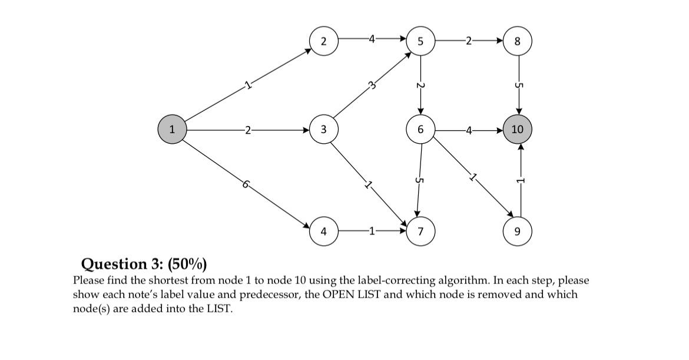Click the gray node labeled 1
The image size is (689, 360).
click(172, 130)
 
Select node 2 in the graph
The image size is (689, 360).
click(323, 41)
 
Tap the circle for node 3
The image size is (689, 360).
click(323, 130)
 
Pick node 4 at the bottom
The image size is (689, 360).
click(323, 231)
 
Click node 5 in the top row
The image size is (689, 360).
click(420, 41)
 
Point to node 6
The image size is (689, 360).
click(420, 130)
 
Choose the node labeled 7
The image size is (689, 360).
click(420, 231)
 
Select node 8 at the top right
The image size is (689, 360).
click(518, 41)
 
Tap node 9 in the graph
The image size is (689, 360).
click(518, 231)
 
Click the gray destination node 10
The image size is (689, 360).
click(518, 130)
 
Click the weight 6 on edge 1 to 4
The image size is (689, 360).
click(244, 185)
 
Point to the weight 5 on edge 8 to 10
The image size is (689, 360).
click(518, 85)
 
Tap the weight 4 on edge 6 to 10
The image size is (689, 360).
click(468, 130)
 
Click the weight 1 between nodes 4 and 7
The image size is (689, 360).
click(371, 231)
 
